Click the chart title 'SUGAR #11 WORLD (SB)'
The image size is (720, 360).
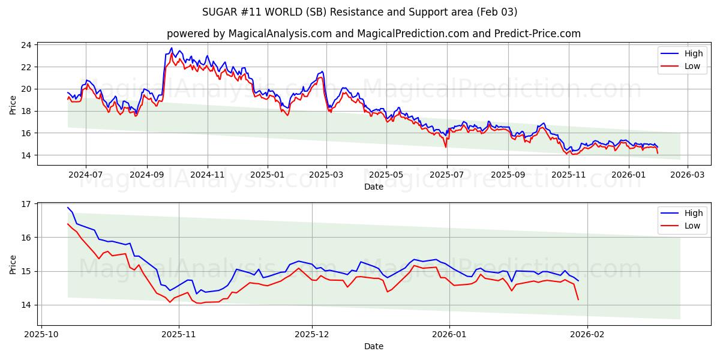tap(360, 12)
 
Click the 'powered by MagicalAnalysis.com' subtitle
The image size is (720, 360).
tap(373, 34)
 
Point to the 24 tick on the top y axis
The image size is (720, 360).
tap(26, 45)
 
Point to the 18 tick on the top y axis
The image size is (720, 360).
tap(26, 111)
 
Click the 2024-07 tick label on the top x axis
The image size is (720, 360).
tap(85, 175)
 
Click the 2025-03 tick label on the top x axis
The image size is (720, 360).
tap(326, 175)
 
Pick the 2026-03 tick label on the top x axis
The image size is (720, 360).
tap(688, 175)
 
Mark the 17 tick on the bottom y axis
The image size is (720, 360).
tap(26, 204)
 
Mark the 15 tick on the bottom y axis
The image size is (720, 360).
tap(26, 271)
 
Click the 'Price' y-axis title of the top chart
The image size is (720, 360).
tap(13, 104)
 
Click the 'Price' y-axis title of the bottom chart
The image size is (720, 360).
tap(13, 263)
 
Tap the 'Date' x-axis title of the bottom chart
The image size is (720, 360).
tap(373, 346)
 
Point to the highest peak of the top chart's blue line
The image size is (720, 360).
tap(171, 48)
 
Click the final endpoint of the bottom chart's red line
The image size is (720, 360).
tap(578, 299)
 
